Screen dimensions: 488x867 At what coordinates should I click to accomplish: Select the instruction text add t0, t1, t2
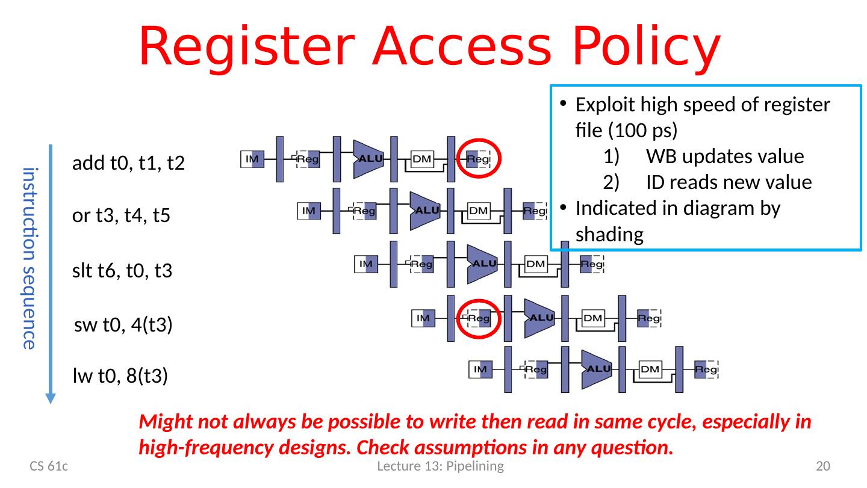point(128,163)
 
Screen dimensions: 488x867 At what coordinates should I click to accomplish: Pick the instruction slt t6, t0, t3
point(122,271)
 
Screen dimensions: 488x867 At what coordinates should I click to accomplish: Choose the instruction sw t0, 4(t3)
point(123,326)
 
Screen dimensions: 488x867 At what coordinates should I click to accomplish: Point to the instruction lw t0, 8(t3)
point(119,377)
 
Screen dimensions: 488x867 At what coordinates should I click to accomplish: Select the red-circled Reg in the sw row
point(480,318)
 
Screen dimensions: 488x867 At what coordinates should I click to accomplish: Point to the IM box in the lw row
point(480,369)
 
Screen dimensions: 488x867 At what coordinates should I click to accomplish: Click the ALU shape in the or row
point(425,211)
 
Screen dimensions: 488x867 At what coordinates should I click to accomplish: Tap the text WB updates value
point(725,157)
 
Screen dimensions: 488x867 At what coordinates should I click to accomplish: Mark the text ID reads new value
point(729,182)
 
